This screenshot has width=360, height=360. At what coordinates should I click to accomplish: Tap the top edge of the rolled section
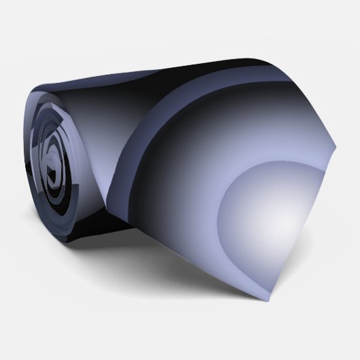(102, 54)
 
